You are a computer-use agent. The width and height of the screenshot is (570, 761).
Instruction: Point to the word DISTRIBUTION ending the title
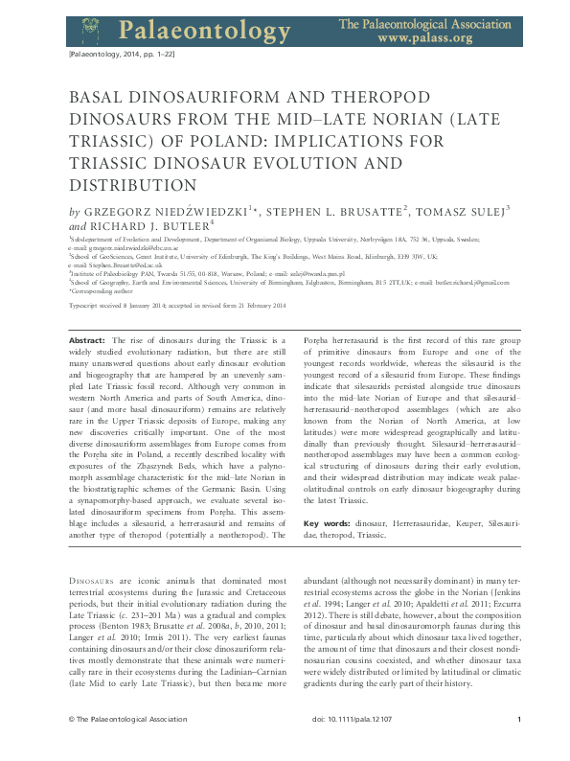(x=146, y=184)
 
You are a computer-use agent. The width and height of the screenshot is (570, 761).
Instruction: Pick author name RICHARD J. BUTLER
(x=148, y=224)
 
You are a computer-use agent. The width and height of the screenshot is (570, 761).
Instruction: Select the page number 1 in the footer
(x=518, y=745)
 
